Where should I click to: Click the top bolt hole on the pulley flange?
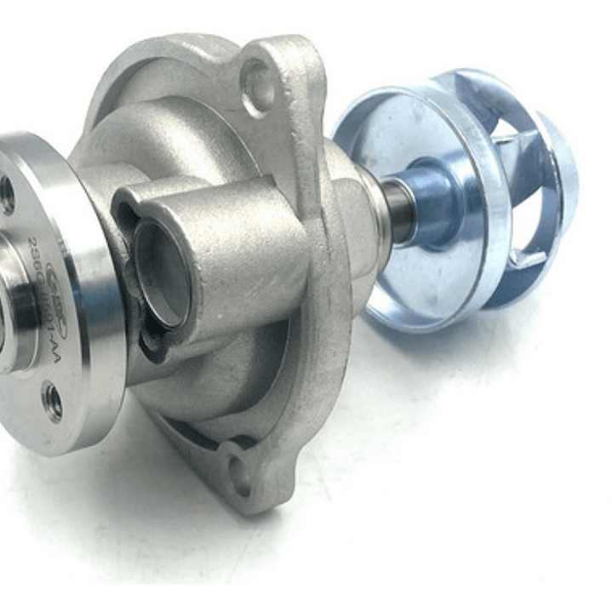point(7,195)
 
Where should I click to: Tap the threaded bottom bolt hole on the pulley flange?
point(52,401)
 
